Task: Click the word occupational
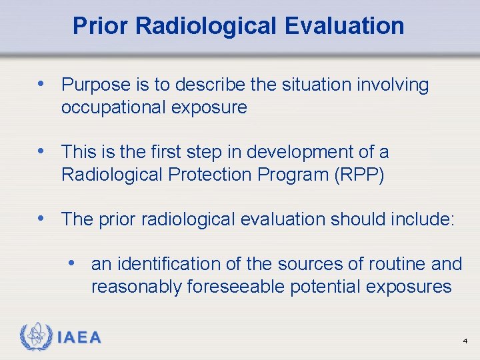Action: tap(115, 107)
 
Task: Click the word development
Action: tap(295, 152)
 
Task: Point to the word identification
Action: tap(169, 264)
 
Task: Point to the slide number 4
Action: tap(465, 341)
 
